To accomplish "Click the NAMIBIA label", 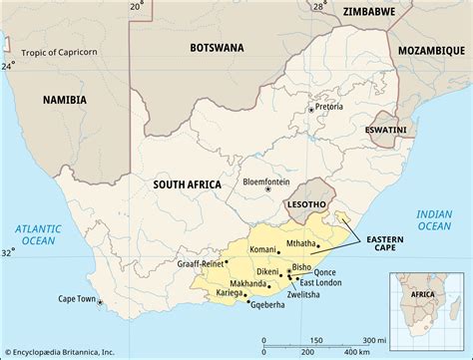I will click(x=64, y=100).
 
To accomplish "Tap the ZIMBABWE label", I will click(x=367, y=11).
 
